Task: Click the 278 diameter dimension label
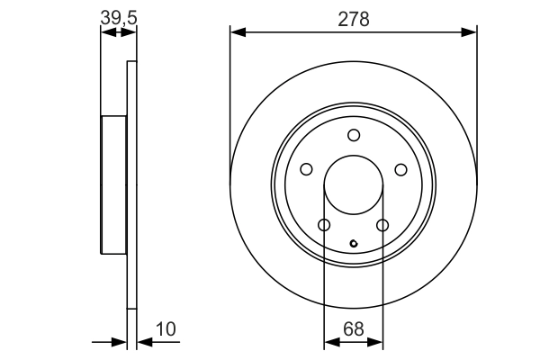(354, 19)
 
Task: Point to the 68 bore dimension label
(354, 328)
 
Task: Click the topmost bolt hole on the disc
(354, 136)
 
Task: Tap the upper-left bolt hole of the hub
(306, 169)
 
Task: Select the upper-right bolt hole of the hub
(400, 169)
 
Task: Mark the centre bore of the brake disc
(354, 184)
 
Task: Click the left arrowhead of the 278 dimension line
(237, 32)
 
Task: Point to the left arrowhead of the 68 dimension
(329, 342)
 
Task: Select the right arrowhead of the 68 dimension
(378, 342)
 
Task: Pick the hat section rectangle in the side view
(113, 184)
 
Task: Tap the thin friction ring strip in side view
(132, 184)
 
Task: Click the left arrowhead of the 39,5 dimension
(106, 32)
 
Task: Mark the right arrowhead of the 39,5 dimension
(131, 32)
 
